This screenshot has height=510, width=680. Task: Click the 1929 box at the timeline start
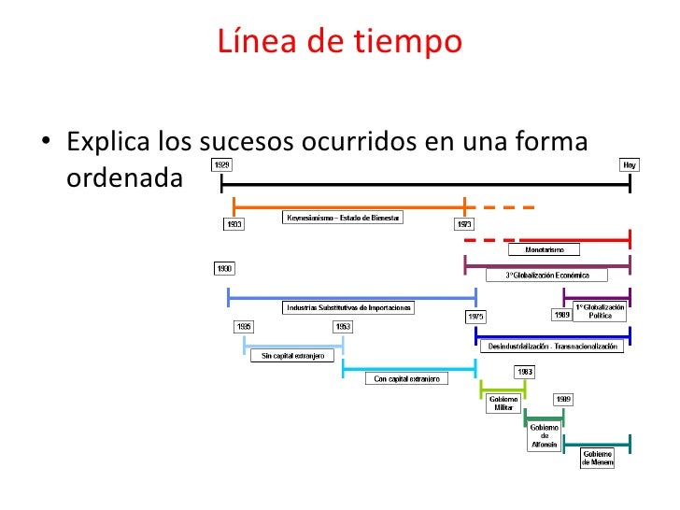coord(223,164)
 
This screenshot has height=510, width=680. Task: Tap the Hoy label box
coord(630,164)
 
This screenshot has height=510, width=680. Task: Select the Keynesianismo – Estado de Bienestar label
coord(343,218)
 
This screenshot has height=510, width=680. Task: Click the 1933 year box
coord(234,224)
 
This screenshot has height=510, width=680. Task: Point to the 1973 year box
coord(463,224)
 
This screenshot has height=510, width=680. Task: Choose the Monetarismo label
coord(544,249)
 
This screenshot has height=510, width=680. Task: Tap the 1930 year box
coord(224,269)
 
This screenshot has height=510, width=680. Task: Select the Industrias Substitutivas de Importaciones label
coord(347,307)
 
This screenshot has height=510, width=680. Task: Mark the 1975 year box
coord(475,317)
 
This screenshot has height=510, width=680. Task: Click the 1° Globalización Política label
coord(600,312)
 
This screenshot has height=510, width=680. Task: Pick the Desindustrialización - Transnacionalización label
coord(553,347)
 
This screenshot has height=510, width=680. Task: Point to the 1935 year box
coord(244,327)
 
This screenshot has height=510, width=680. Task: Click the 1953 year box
coord(343,327)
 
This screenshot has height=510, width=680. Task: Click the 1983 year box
coord(524,372)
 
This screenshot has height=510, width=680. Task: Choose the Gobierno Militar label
coord(503,404)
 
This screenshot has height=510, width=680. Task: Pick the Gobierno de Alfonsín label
coord(544,436)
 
